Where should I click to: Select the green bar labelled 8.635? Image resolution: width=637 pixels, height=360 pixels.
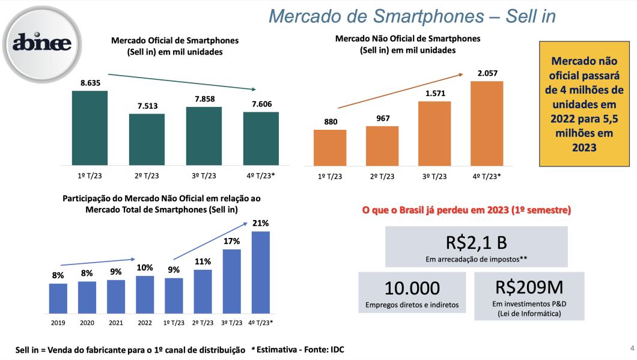90,127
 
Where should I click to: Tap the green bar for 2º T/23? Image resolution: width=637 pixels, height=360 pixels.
147,139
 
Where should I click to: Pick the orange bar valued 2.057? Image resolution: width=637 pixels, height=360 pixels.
486,123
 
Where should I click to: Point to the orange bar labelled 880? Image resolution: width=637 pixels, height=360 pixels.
330,147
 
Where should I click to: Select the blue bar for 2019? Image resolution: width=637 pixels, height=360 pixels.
58,299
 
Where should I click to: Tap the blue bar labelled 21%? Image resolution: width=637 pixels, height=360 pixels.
261,273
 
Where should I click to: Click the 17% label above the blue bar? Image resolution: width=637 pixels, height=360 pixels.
232,241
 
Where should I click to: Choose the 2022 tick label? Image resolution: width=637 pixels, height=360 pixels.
145,322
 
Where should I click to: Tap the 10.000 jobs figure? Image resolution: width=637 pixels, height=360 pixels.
412,288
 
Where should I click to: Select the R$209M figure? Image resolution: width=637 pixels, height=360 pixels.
529,288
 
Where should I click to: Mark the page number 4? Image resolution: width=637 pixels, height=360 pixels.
632,347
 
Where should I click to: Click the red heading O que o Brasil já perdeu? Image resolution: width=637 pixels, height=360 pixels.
466,210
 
